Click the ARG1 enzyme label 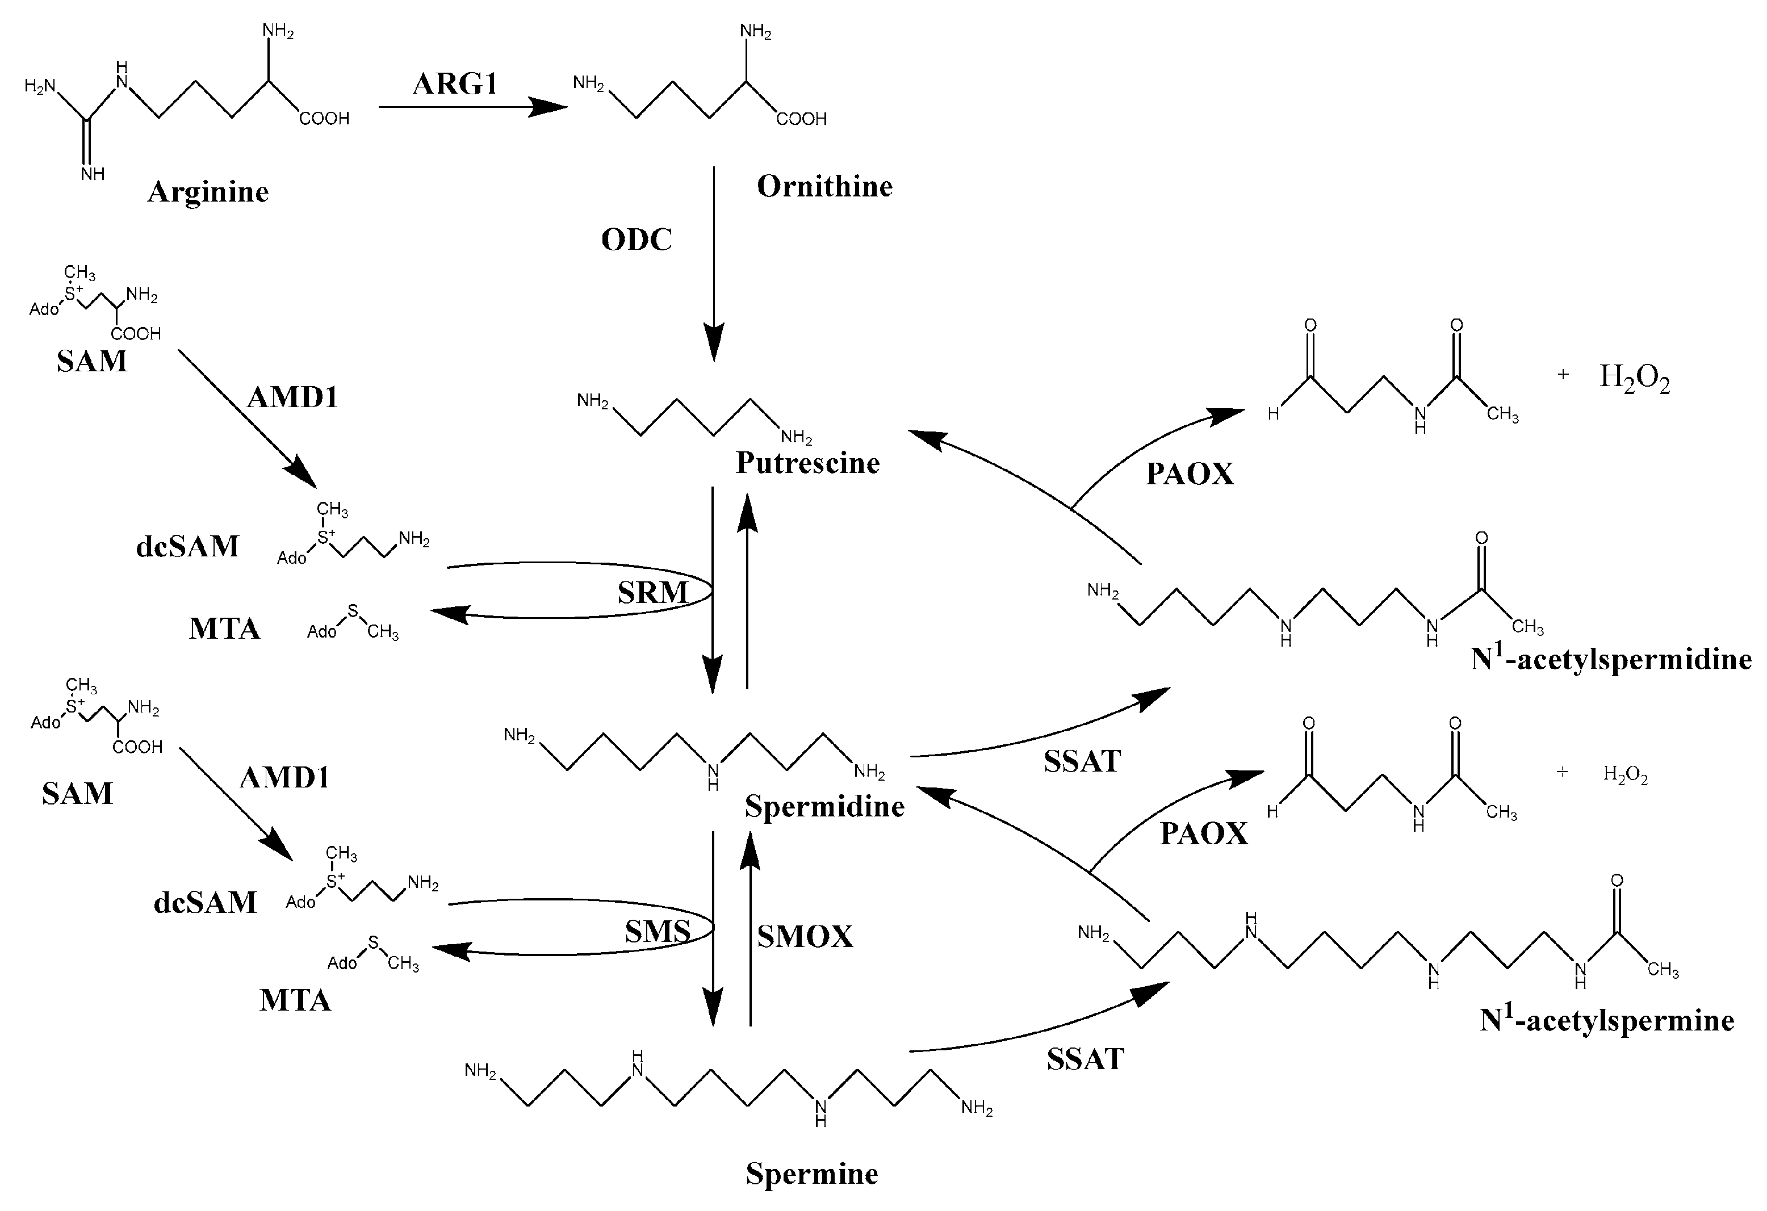[455, 83]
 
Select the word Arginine [208, 191]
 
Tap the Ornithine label [824, 186]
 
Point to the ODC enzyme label [637, 240]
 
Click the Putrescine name [807, 463]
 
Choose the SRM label [652, 593]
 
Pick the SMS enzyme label [658, 931]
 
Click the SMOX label [805, 937]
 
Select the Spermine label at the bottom [811, 1174]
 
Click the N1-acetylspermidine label [1611, 659]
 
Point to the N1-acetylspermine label [1606, 1020]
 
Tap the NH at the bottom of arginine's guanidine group [93, 174]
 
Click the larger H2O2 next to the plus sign [1635, 377]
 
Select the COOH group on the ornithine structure [801, 119]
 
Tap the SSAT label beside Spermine [1085, 1059]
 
